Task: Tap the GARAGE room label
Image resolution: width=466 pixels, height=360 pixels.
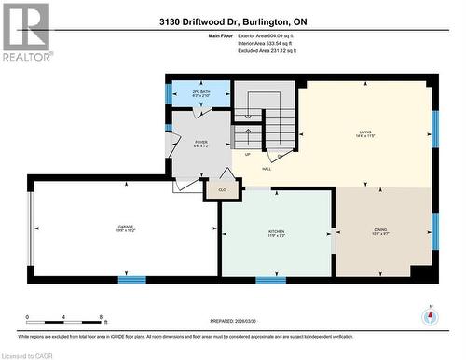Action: click(x=126, y=228)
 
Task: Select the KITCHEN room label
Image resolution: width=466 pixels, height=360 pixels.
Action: click(x=277, y=230)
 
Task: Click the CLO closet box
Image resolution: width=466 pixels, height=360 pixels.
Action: click(x=222, y=189)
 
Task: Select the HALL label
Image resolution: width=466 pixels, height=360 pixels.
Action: click(x=267, y=169)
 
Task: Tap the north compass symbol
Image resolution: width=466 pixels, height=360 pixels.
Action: click(x=430, y=315)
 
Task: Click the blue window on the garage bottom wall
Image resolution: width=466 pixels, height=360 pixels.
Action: click(x=132, y=279)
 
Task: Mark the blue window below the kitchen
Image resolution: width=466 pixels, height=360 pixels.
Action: click(x=270, y=279)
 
